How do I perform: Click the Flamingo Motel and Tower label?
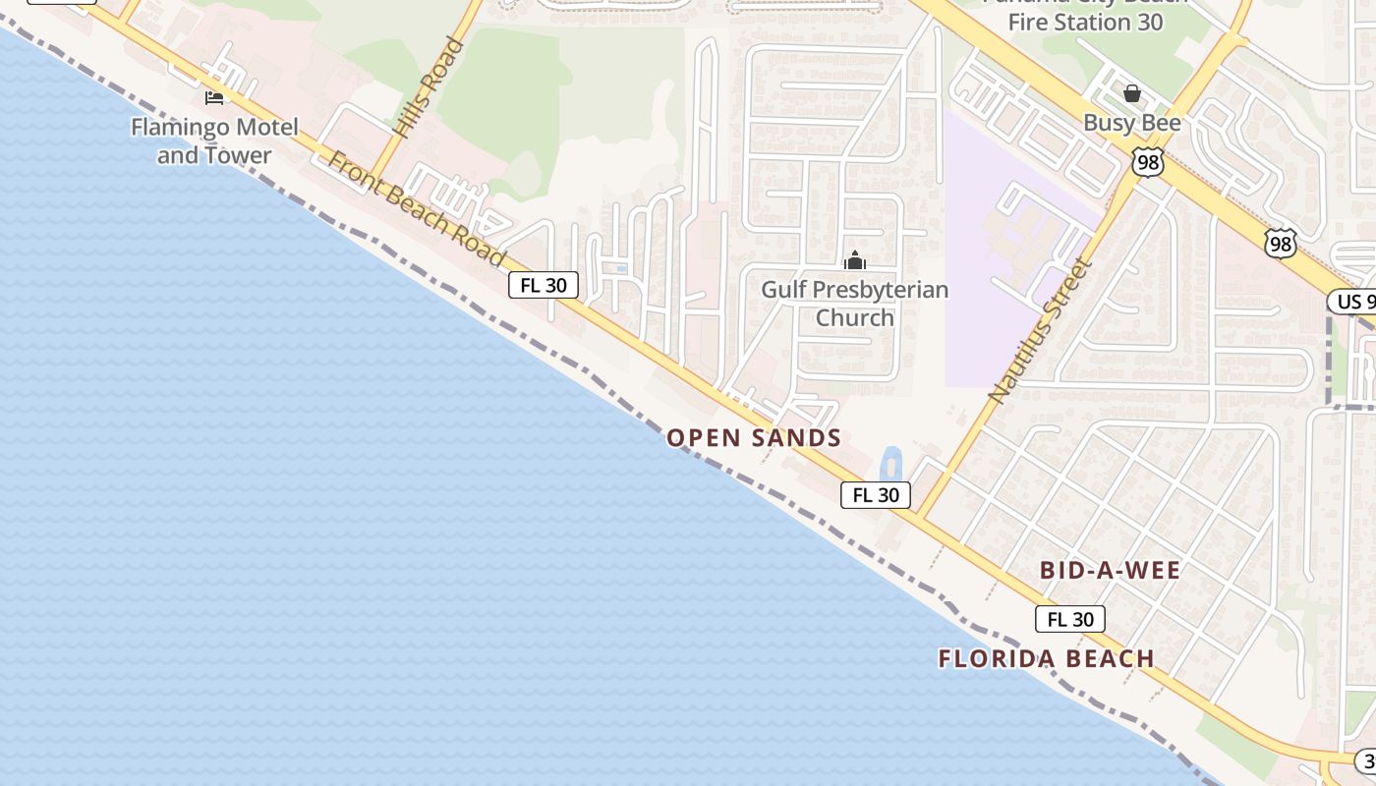214,140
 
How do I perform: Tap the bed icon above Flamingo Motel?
213,97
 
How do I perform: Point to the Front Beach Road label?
417,209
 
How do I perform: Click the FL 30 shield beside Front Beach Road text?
543,285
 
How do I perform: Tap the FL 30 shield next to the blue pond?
875,495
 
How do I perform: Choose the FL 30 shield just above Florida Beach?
1069,619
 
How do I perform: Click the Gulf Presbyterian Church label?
855,303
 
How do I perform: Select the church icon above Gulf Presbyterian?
855,260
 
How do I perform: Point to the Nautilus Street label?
1040,330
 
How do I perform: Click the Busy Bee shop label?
1132,123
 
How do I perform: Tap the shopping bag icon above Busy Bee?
1132,93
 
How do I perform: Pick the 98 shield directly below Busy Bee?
1147,162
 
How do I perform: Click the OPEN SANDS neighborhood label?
754,438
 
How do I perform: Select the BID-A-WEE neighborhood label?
1110,570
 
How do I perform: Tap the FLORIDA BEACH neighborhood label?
1046,658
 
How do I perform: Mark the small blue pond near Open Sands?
890,465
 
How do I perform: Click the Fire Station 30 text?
1087,22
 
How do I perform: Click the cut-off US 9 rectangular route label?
1352,301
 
